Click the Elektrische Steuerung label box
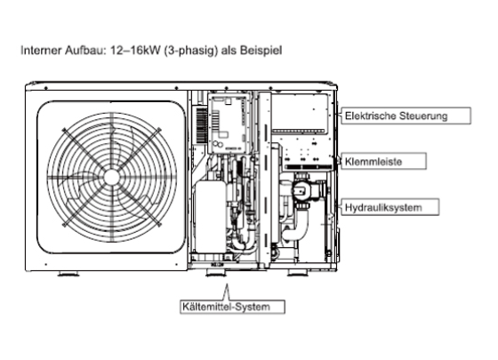coord(406,116)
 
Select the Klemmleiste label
coord(383,161)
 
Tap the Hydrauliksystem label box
coord(390,207)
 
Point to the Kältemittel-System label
coord(232,307)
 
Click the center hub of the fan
coord(111,177)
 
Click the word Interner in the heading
coord(41,50)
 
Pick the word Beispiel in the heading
coord(261,50)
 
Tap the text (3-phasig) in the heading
coord(191,51)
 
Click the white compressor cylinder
coord(211,217)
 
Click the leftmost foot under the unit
coord(68,274)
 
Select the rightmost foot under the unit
coord(298,273)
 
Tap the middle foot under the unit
coord(216,273)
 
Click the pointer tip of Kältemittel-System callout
coord(227,284)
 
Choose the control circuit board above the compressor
coord(228,124)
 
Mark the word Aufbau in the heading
coord(84,50)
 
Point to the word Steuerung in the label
coord(423,116)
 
